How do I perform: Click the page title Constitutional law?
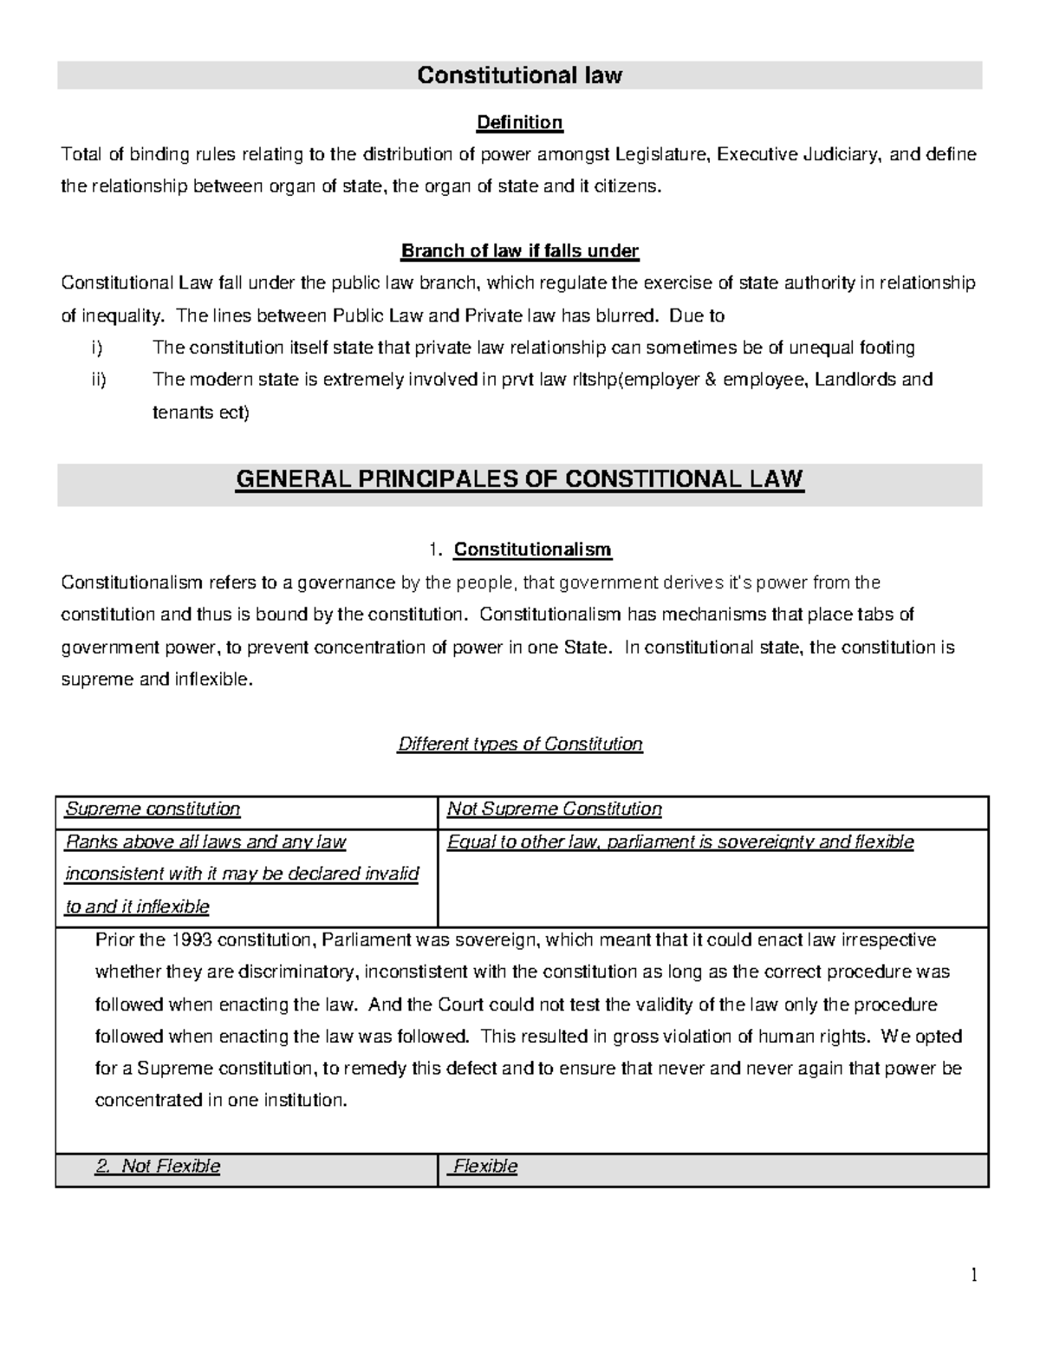coord(519,75)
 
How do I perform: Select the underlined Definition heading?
coord(519,122)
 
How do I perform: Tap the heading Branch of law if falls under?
coord(519,251)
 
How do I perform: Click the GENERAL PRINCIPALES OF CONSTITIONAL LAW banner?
coord(519,479)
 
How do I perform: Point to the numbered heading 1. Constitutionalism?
coord(519,549)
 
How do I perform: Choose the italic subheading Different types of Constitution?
coord(519,745)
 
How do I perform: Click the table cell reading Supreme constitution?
coord(153,810)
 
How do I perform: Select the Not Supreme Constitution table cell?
coord(554,810)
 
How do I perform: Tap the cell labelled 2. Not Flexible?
coord(158,1167)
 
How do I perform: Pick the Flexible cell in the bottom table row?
coord(485,1167)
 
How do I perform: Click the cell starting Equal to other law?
coord(679,842)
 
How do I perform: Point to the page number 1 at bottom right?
coord(974,1274)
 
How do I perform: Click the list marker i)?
coord(95,348)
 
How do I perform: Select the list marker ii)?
coord(97,380)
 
